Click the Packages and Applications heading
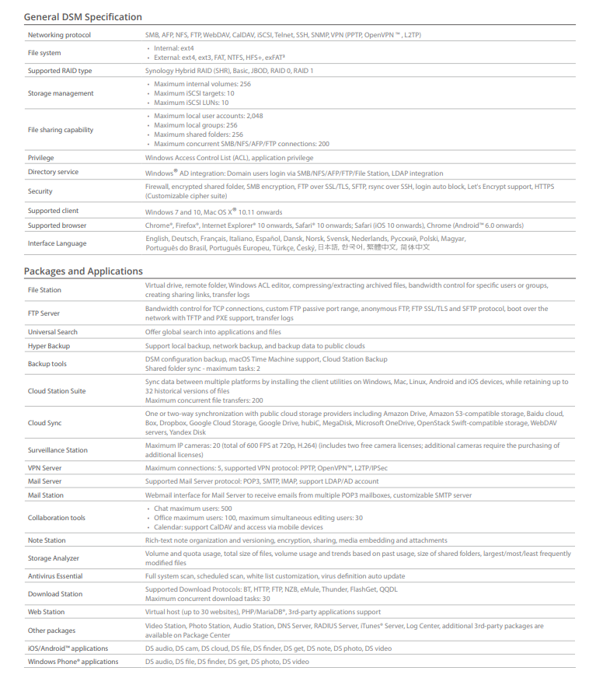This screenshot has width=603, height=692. coord(83,271)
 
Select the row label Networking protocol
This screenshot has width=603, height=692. coord(59,35)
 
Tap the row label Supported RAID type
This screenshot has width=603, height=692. coord(60,71)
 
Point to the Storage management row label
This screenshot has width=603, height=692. coord(61,93)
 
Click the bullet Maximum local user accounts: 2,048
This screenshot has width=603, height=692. coord(208,116)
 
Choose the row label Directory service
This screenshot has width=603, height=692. coord(53,172)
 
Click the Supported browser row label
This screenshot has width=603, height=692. coord(57,225)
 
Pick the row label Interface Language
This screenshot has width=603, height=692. coord(57,243)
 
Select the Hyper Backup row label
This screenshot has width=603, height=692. coord(49,346)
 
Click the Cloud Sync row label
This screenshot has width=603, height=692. coord(45,423)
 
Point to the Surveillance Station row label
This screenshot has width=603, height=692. coord(58,450)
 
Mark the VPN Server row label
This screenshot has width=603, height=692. coord(45,468)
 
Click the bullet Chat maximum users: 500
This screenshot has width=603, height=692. coord(193,509)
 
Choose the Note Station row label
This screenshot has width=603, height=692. coord(47,540)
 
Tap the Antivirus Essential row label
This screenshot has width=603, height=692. coord(55,576)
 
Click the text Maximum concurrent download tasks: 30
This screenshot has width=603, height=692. coord(207,599)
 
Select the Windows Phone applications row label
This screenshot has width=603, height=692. coord(73,662)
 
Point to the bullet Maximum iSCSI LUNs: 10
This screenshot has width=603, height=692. coord(191,103)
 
